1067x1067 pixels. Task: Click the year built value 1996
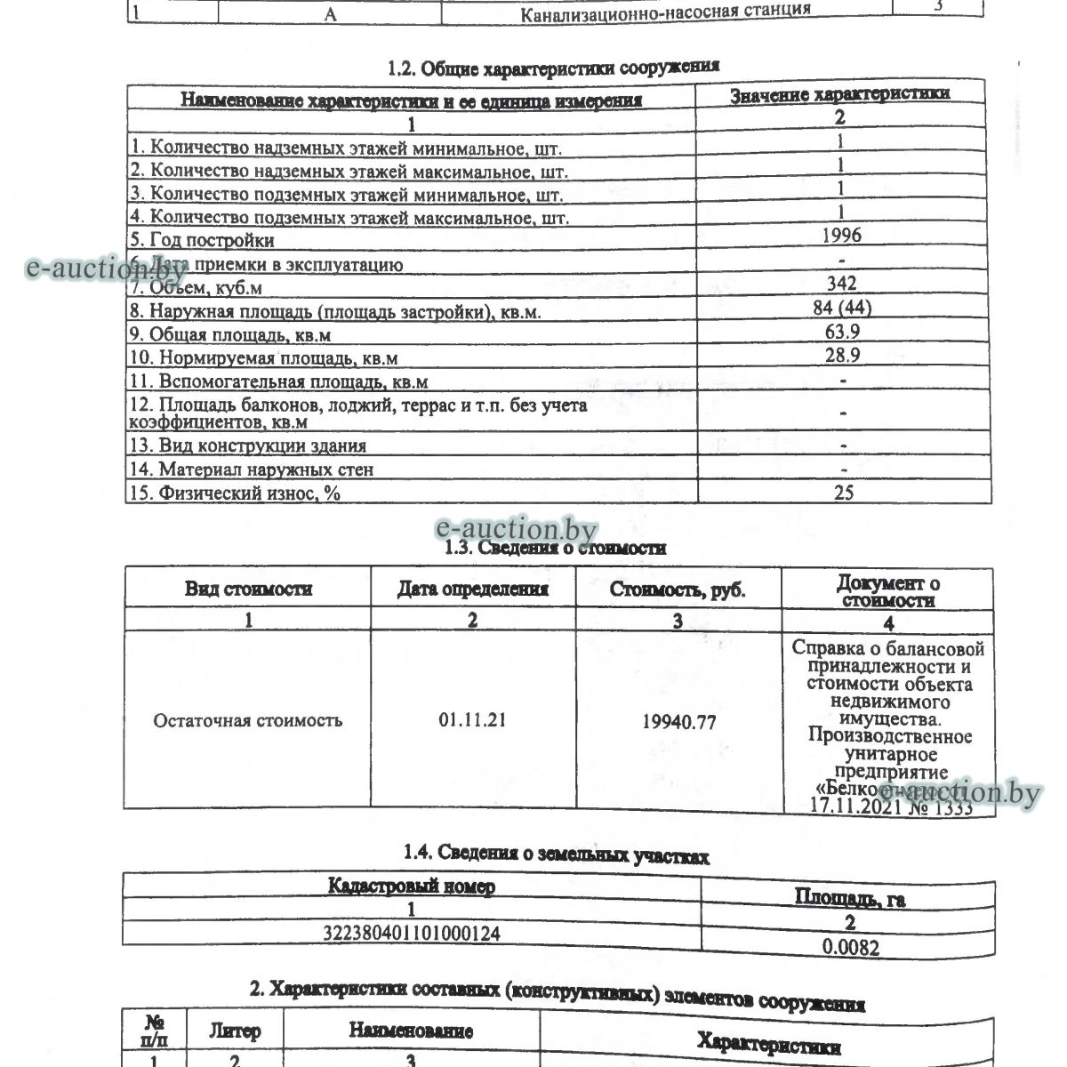(841, 236)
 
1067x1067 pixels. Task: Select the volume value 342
(841, 284)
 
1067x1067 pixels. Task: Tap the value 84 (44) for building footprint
(841, 308)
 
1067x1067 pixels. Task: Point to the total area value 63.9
(841, 332)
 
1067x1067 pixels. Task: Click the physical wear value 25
(843, 492)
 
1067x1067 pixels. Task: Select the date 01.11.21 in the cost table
(472, 720)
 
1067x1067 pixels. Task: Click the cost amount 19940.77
(678, 722)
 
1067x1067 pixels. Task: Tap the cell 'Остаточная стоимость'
(247, 720)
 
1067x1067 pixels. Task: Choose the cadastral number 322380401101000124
(412, 934)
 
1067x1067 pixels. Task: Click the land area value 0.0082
(850, 947)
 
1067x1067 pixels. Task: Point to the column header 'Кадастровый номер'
(412, 886)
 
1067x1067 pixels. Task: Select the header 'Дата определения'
(472, 589)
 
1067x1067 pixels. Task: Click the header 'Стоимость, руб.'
(678, 590)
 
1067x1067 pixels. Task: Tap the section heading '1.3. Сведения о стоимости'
(555, 548)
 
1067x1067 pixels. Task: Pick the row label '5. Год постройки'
(203, 240)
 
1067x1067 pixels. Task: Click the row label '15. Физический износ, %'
(235, 493)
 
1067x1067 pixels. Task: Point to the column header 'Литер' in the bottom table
(235, 1031)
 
